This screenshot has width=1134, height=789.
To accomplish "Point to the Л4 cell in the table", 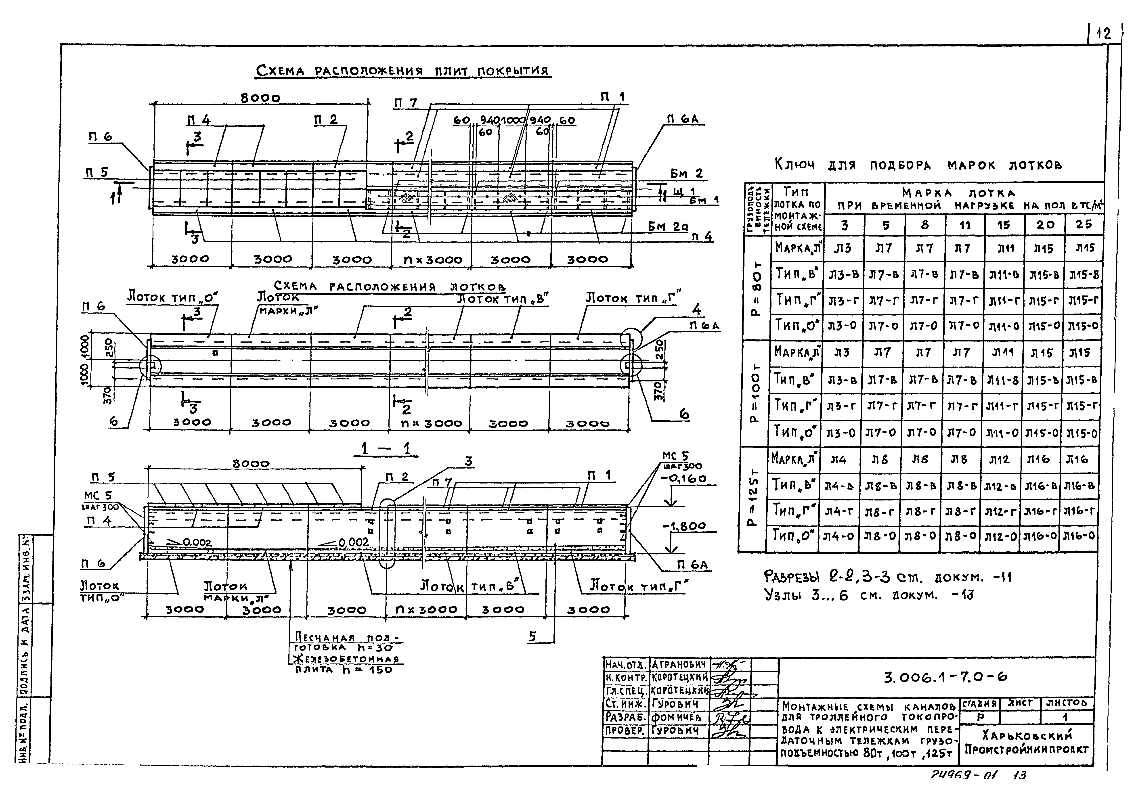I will (838, 460).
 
